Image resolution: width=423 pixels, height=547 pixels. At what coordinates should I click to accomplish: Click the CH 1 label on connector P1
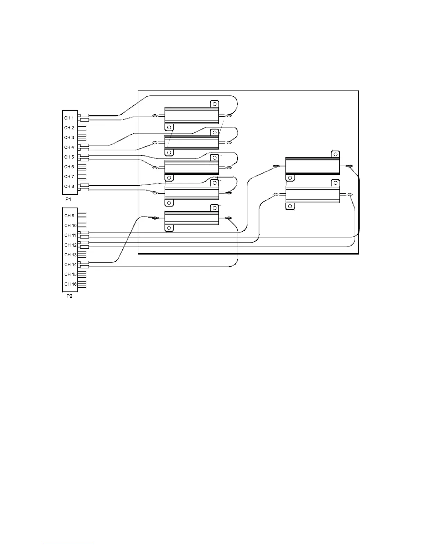[x=69, y=118]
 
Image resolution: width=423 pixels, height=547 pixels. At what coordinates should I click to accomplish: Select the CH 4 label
[x=69, y=147]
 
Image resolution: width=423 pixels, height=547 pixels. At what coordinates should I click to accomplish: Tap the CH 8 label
[x=69, y=186]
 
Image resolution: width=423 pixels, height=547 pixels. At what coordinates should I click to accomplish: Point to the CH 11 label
[x=70, y=236]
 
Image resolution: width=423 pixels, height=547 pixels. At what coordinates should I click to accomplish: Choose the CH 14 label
[x=70, y=265]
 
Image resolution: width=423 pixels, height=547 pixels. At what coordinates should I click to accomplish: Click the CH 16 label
[x=70, y=284]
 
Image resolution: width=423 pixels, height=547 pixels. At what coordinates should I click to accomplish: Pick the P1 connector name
[x=68, y=200]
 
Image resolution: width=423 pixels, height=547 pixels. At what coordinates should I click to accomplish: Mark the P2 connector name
[x=69, y=297]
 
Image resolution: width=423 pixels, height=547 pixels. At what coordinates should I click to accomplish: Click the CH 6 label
[x=69, y=167]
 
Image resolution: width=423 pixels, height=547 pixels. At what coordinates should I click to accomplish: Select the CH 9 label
[x=69, y=216]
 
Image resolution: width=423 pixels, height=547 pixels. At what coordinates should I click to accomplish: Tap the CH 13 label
[x=70, y=255]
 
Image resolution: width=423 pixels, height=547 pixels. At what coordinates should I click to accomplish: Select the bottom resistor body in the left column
[x=192, y=218]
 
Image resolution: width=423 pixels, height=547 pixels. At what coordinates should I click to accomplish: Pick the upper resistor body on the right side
[x=313, y=166]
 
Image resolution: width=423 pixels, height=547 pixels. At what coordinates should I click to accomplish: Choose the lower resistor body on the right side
[x=313, y=194]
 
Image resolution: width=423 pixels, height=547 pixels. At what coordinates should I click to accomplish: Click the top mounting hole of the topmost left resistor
[x=215, y=104]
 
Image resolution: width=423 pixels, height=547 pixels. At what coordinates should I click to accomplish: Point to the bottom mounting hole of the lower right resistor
[x=290, y=206]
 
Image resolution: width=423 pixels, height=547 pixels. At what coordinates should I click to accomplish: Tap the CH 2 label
[x=69, y=128]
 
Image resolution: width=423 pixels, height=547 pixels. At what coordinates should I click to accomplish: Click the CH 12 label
[x=70, y=245]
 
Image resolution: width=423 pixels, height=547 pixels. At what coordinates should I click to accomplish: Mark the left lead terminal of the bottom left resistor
[x=154, y=218]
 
